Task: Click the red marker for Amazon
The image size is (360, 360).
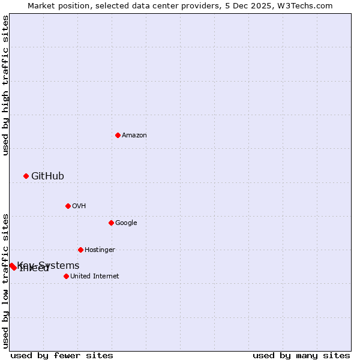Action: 118,135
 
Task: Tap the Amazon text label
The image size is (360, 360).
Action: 134,136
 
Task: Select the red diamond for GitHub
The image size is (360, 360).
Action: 26,176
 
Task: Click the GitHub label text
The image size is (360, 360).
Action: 47,176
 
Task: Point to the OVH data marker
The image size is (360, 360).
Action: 68,206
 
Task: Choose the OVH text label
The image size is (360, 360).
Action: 79,206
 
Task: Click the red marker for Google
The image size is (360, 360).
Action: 111,223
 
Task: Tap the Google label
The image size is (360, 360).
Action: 126,223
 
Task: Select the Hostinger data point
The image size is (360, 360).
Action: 80,250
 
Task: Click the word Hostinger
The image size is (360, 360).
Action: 100,250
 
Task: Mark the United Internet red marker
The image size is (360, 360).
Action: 66,276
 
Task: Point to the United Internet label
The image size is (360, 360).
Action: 95,277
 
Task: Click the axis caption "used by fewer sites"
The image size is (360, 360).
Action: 62,356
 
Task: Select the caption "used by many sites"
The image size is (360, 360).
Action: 301,356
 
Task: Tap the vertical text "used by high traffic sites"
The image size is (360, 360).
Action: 5,85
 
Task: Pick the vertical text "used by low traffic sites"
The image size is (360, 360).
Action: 5,281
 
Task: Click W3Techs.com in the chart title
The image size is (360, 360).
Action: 307,5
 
